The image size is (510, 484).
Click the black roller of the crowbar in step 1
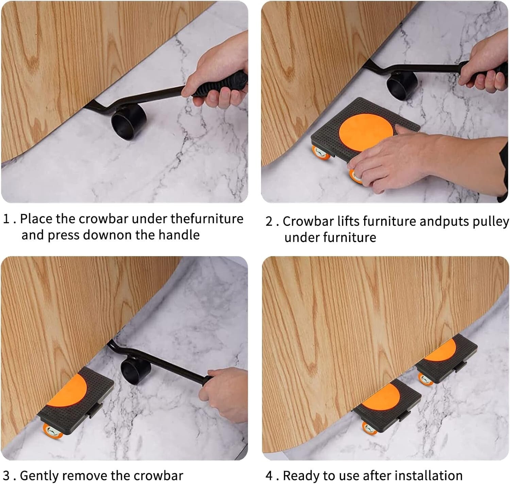click(129, 121)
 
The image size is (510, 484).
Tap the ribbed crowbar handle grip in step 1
click(221, 84)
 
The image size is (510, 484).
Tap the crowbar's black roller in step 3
click(136, 370)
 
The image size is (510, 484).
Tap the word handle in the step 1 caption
click(179, 235)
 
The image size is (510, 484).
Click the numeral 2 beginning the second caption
click(269, 222)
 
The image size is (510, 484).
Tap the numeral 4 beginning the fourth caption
click(269, 476)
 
